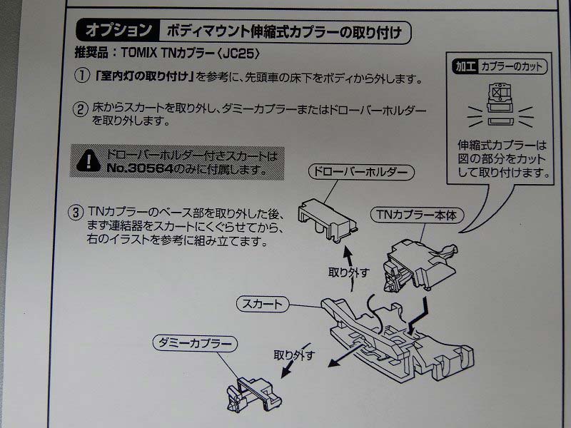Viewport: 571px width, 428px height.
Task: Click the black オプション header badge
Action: pyautogui.click(x=118, y=31)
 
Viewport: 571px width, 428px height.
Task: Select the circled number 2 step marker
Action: pyautogui.click(x=81, y=109)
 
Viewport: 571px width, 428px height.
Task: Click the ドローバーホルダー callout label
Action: pyautogui.click(x=360, y=173)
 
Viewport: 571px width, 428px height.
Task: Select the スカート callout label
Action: pyautogui.click(x=262, y=305)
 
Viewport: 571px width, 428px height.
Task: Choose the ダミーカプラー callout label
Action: pyautogui.click(x=194, y=344)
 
